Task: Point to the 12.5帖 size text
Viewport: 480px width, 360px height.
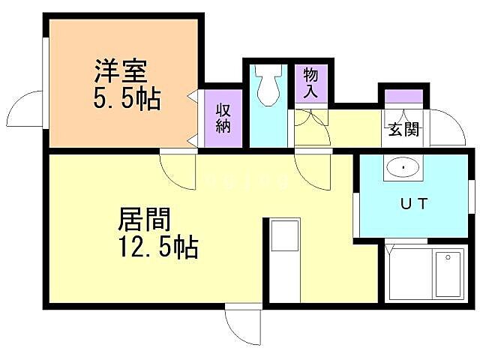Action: tap(157, 246)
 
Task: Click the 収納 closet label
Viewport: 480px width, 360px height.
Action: tap(223, 118)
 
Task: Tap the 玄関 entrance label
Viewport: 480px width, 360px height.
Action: tap(403, 128)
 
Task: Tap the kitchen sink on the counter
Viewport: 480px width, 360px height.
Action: tap(284, 236)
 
